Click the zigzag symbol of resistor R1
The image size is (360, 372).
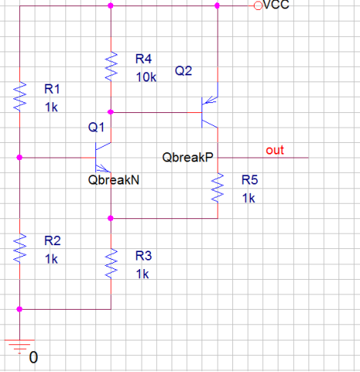20,97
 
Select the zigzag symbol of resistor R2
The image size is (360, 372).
20,248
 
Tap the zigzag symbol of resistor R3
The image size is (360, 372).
111,264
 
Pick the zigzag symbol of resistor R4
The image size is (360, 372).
111,67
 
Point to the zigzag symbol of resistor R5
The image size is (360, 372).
218,188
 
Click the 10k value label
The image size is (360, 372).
146,77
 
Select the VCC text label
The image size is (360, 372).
276,5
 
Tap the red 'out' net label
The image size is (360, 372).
275,150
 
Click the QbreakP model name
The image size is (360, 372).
188,157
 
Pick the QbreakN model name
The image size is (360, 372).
114,180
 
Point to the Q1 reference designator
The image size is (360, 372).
96,127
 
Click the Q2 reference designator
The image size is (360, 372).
183,71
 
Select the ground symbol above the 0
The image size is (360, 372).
19,347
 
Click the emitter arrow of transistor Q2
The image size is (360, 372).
210,100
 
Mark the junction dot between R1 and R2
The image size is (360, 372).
19,158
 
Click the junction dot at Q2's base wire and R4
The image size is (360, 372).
111,112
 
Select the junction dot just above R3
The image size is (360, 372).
111,218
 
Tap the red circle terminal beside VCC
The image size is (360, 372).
258,5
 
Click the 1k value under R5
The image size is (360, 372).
248,198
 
